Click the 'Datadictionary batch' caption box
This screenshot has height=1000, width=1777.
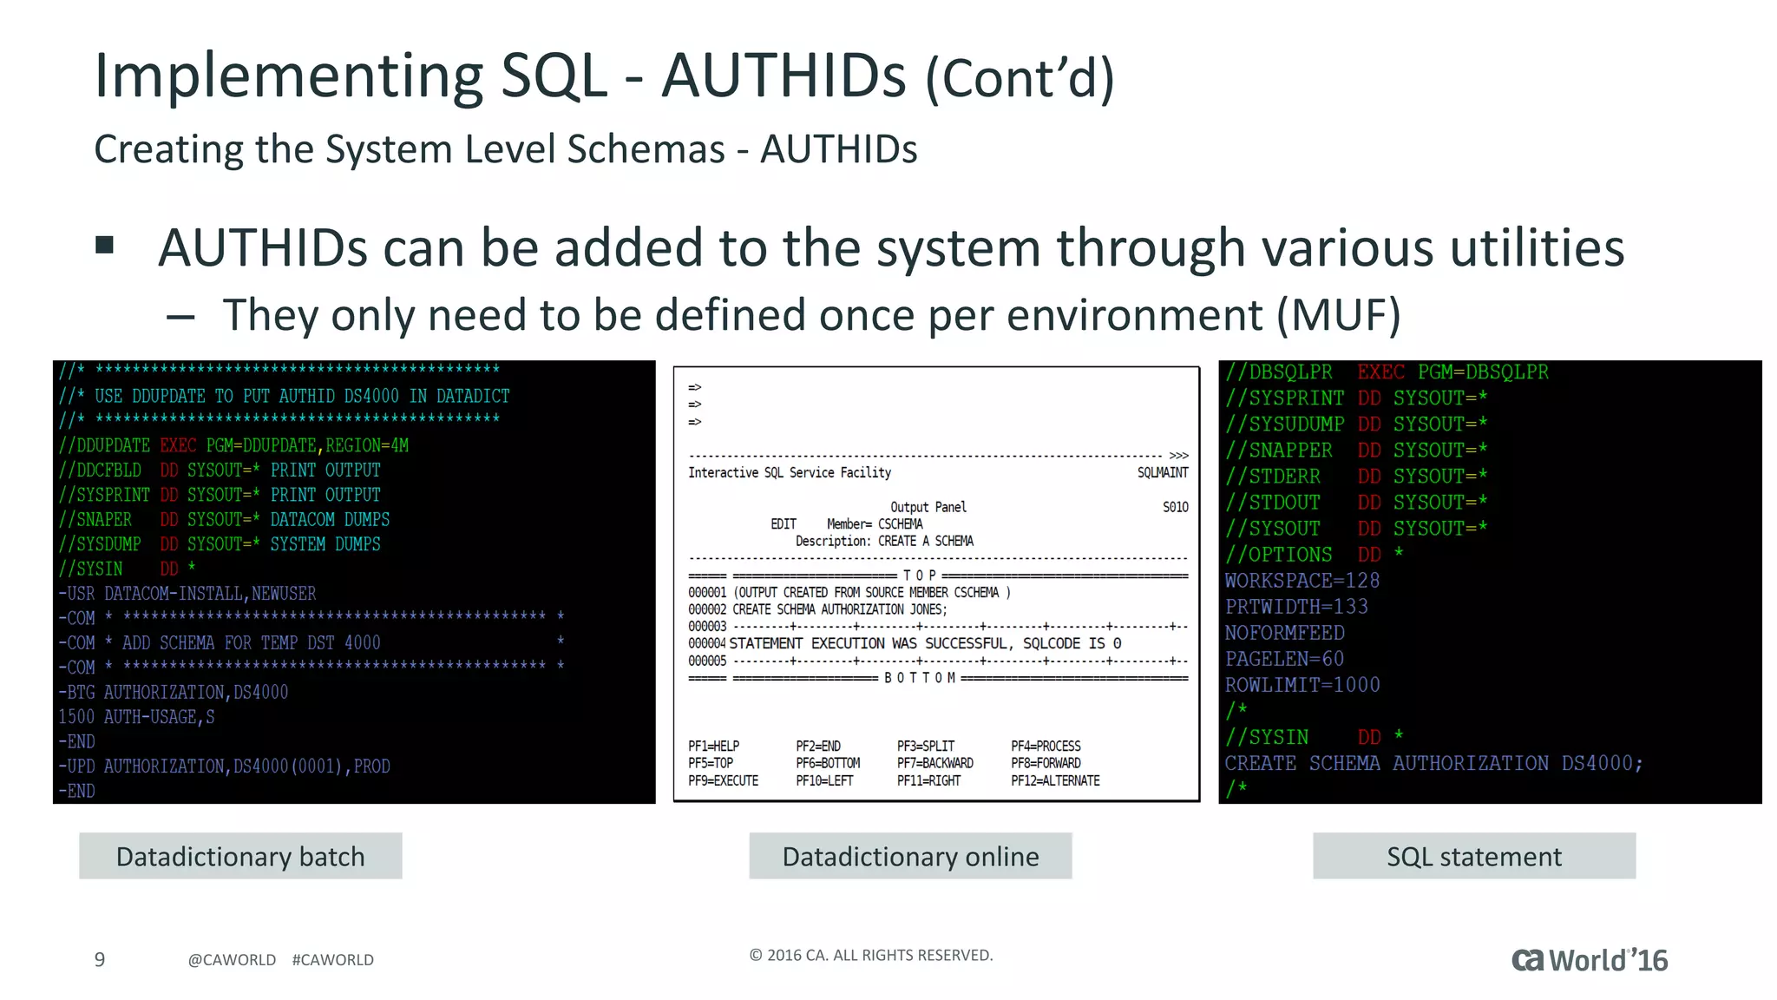pos(240,856)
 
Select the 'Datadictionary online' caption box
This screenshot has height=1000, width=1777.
pos(910,856)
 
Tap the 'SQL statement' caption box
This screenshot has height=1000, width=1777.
pos(1473,856)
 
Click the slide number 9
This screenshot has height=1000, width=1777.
pos(100,959)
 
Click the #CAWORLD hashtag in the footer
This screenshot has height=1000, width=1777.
pos(332,959)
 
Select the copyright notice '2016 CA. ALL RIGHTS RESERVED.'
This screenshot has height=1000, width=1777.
pos(871,955)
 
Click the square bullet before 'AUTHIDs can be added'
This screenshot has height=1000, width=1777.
pos(105,245)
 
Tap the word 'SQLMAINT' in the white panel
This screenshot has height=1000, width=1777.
pos(1162,472)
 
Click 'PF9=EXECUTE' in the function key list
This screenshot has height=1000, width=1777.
pos(723,780)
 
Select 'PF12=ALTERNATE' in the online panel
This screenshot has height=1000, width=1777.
pos(1055,780)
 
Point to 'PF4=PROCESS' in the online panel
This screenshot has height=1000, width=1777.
pos(1046,746)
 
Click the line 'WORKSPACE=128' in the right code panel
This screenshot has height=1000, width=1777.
pos(1302,580)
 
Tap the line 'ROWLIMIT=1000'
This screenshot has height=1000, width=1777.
pos(1302,684)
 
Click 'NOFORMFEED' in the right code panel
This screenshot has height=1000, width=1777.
pos(1284,632)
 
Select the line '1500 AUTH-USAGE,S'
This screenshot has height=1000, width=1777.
pos(136,716)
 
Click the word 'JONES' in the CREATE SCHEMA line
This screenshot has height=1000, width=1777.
pos(927,609)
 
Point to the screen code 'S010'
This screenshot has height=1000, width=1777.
pos(1175,507)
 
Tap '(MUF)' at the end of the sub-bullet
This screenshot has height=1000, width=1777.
pos(1339,314)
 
